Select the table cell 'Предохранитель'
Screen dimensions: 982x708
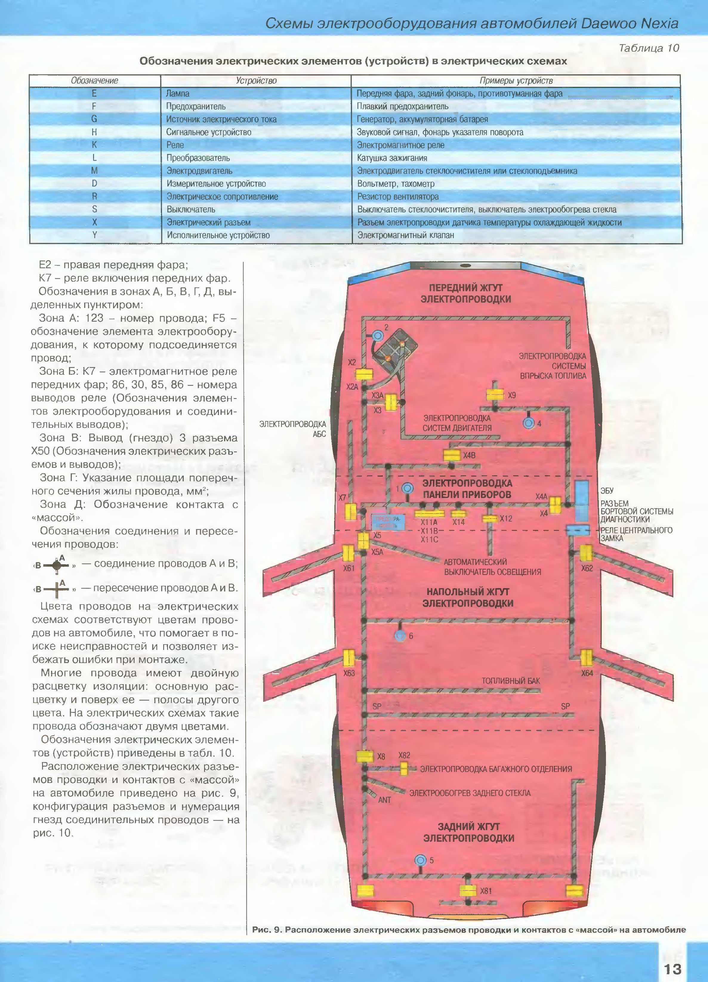pos(196,106)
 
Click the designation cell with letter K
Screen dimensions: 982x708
pos(94,145)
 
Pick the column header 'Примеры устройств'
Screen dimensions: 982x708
pos(516,81)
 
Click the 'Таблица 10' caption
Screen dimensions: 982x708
pos(649,48)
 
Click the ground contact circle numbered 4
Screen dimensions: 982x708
pos(528,423)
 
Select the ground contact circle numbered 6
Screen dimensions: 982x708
pos(400,636)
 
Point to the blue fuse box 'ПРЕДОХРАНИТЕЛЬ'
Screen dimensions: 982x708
pos(388,522)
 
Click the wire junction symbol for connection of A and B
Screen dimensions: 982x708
pos(56,565)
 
